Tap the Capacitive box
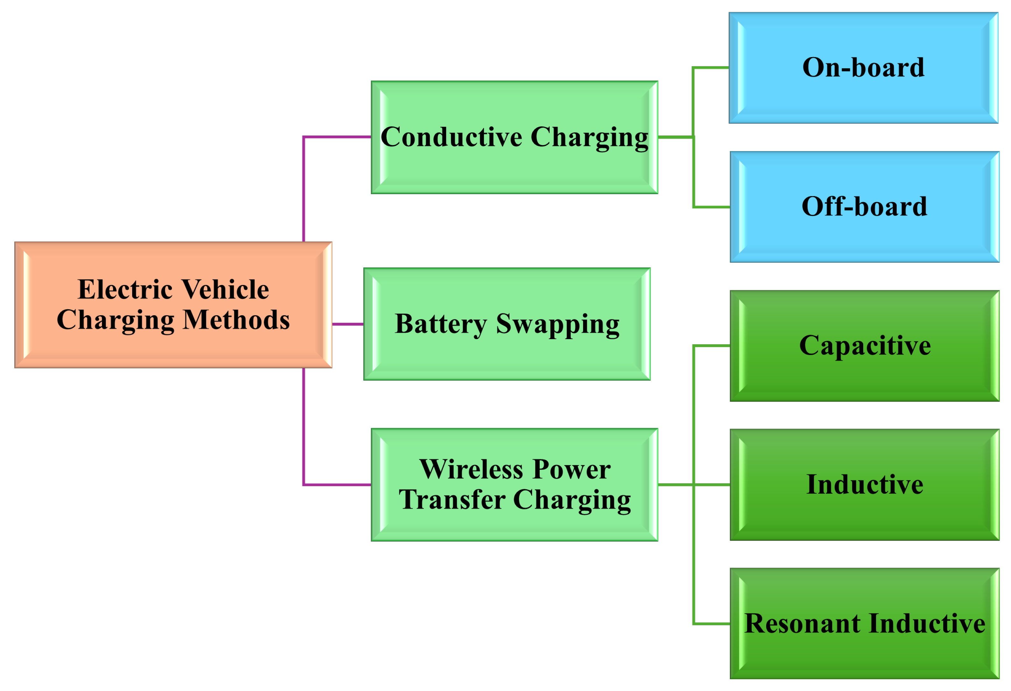click(x=865, y=346)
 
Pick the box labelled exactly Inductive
click(x=865, y=484)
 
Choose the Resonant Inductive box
click(x=865, y=623)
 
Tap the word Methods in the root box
click(x=236, y=320)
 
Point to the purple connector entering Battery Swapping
click(x=348, y=324)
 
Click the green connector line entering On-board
click(x=711, y=68)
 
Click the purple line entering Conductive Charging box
click(x=337, y=137)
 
